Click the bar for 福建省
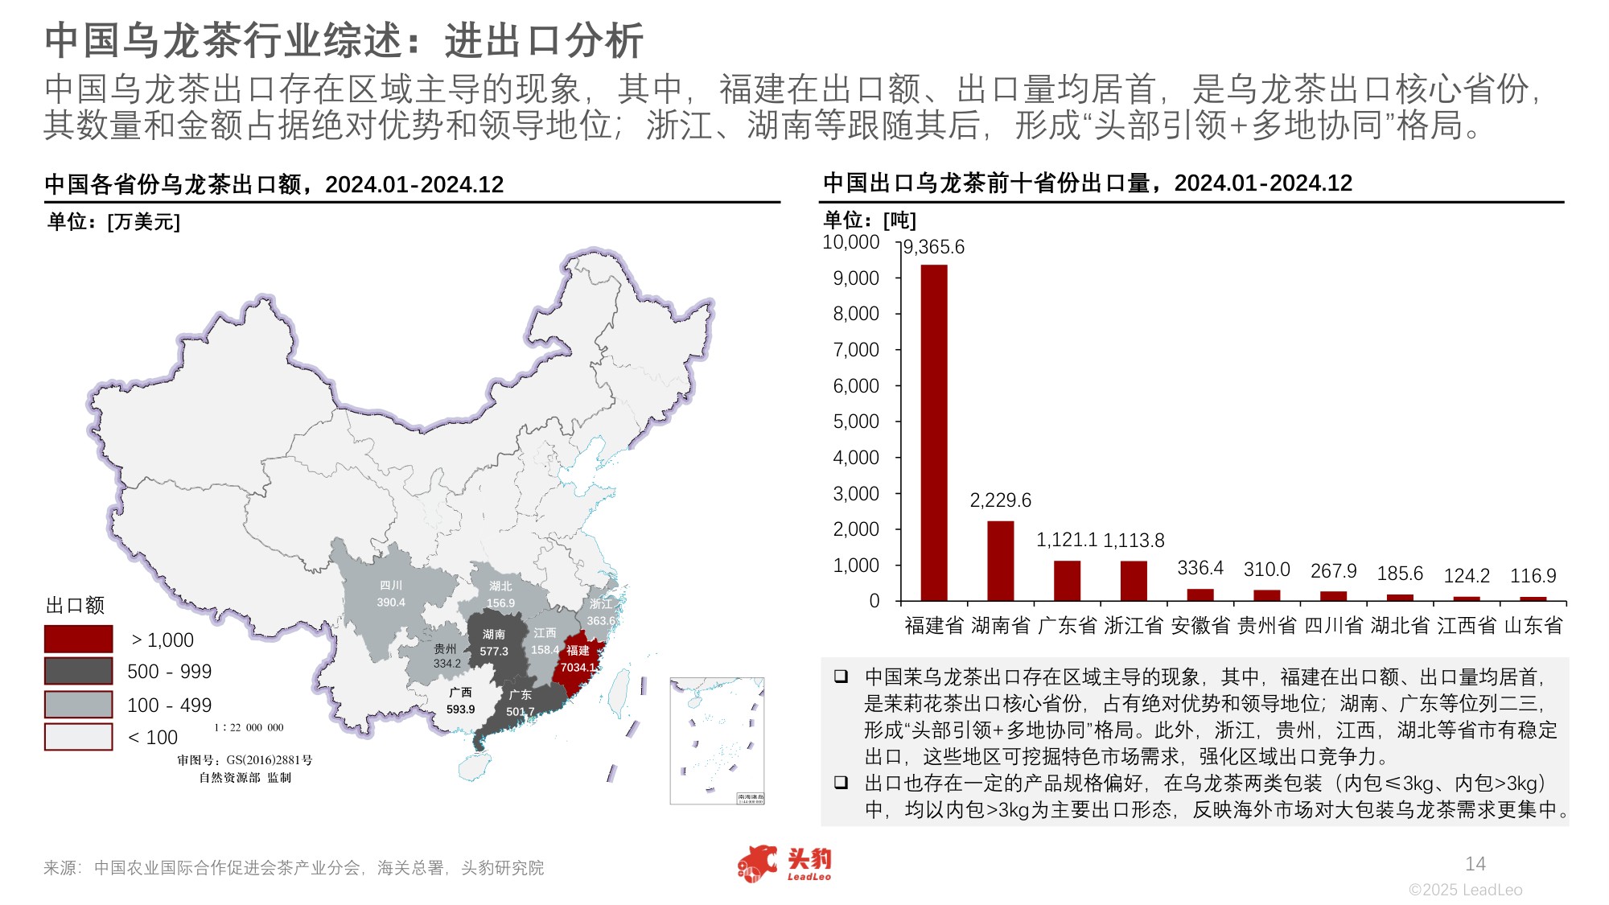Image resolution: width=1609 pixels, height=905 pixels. pos(934,432)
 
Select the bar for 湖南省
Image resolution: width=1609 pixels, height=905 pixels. pos(1000,561)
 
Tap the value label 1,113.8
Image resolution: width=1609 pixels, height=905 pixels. pos(1134,541)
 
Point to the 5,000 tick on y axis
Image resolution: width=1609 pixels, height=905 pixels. pos(856,422)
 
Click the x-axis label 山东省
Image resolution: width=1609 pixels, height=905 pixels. pos(1533,625)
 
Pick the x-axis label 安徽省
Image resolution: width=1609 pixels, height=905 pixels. pos(1200,625)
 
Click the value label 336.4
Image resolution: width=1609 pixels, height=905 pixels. pos(1200,568)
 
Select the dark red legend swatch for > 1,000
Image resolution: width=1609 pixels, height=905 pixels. pos(78,640)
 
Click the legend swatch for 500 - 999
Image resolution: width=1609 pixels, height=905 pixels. pos(78,671)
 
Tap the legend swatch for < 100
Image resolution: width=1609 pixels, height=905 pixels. pos(78,737)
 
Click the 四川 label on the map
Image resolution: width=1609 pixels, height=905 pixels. pos(391,586)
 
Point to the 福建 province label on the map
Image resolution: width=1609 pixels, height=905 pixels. pos(578,650)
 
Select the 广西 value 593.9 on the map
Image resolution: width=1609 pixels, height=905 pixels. pos(461,710)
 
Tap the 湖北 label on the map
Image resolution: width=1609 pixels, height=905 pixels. pos(500,586)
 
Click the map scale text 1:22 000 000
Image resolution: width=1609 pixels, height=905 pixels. pos(249,727)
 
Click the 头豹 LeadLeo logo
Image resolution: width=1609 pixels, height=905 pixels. pos(784,864)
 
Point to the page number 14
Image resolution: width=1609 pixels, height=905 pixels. pos(1475,864)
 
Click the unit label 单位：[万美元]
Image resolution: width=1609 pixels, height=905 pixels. pos(113,222)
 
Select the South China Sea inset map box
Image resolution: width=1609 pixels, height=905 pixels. pos(717,740)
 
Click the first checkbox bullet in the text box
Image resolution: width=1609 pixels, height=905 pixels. pos(841,677)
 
